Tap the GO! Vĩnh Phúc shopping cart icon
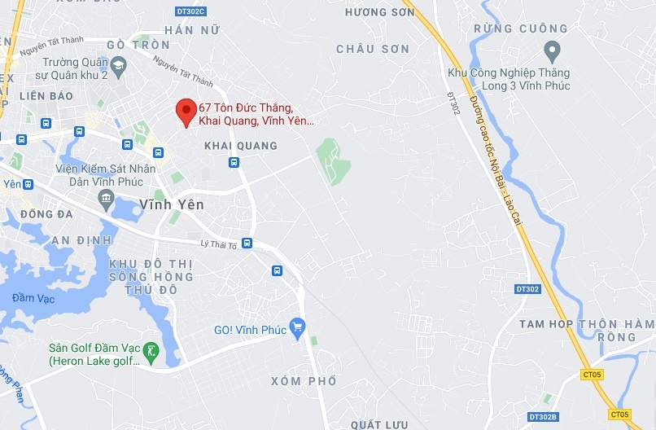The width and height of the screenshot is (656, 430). pos(297,327)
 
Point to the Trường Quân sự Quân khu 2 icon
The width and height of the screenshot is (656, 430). pos(119,64)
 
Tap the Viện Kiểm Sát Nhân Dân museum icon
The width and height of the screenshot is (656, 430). pos(106,198)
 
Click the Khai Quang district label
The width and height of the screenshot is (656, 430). pos(240,146)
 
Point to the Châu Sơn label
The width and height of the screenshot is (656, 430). pos(373,50)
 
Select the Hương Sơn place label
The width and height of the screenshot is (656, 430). pos(374,12)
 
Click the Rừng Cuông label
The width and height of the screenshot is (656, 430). pos(505,29)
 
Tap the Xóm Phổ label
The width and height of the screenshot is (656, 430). pos(304,381)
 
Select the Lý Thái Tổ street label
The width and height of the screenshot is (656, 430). pos(217,244)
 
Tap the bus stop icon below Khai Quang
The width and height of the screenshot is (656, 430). pos(234,162)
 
